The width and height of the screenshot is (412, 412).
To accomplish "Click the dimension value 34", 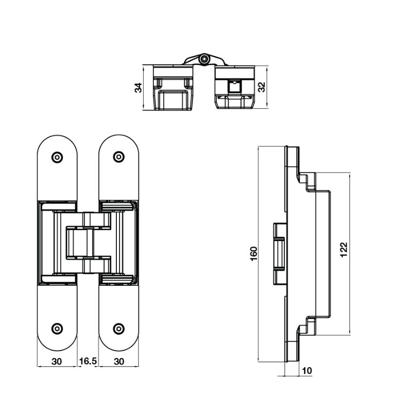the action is click(138, 88).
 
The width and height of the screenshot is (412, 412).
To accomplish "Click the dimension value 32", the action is click(262, 87).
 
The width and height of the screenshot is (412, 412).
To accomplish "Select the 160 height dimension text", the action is click(253, 253).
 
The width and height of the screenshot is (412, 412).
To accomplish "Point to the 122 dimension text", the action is click(344, 250).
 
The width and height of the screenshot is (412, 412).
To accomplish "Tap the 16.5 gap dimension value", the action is click(88, 361).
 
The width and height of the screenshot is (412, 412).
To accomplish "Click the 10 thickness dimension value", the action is click(307, 371).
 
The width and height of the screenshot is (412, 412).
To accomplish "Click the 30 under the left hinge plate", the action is click(57, 362).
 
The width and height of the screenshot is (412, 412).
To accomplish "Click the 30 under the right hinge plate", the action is click(119, 362).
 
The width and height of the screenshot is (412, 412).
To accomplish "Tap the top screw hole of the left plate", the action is click(57, 158).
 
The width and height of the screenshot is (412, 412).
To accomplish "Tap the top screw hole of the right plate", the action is click(119, 157).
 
